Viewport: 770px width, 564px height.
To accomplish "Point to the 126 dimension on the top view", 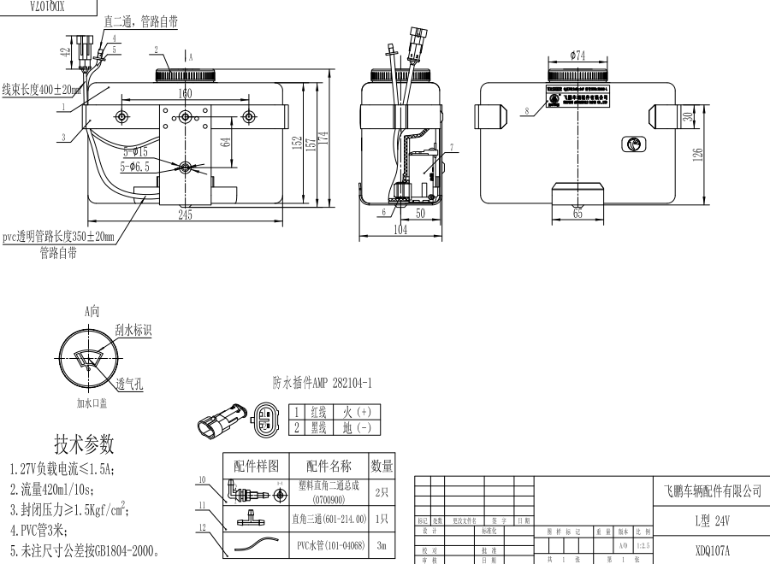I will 699,154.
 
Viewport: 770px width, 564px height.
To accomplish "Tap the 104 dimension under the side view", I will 400,230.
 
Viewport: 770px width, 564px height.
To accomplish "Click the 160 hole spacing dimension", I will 185,93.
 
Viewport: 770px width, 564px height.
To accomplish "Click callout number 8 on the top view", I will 528,110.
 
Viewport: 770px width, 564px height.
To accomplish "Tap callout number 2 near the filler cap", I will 157,49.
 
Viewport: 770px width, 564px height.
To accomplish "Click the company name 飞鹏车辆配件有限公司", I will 713,491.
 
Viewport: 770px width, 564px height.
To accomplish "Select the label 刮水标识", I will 133,329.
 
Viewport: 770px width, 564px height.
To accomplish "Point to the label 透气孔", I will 130,384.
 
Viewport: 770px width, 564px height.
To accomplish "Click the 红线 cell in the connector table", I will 319,411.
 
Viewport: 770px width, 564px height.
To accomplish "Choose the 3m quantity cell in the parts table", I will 382,543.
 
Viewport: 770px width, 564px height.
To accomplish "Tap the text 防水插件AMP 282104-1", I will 322,385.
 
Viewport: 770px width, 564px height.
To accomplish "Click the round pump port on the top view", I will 633,144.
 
